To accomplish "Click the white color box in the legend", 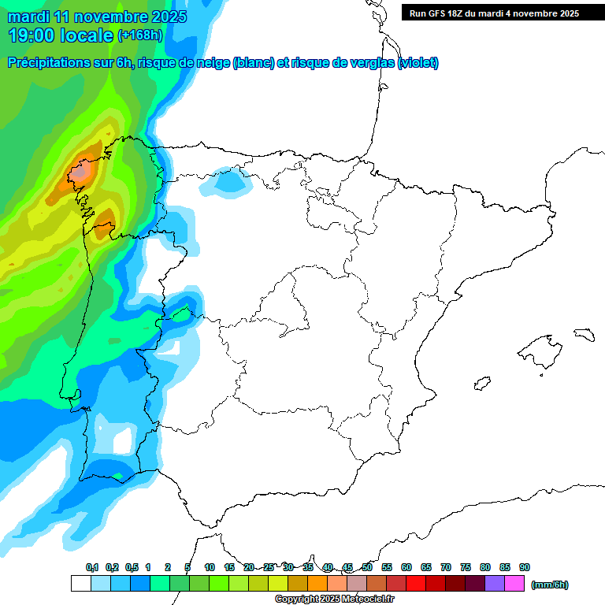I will click(80, 584).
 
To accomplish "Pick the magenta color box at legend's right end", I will click(514, 584).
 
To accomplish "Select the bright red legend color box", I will click(416, 584).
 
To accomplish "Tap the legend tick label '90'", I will click(525, 567).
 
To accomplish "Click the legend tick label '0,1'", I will click(91, 567).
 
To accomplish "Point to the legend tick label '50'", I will click(367, 567).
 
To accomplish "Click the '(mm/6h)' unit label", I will click(550, 585).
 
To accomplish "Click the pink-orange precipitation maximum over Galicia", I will click(80, 171).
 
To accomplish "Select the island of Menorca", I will click(583, 334).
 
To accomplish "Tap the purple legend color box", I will click(495, 584).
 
